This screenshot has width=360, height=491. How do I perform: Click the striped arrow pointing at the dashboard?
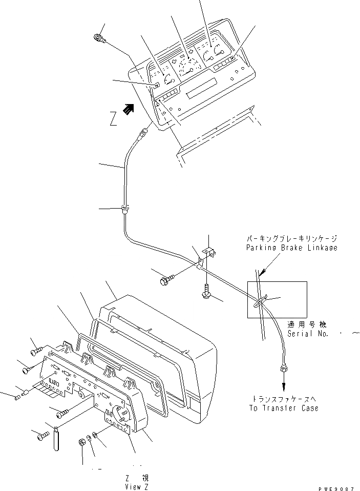point(128,108)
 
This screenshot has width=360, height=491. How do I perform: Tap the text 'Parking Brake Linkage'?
point(290,248)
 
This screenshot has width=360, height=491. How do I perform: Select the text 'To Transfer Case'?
point(284,408)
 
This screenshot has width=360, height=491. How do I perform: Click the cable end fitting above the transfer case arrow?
point(283,367)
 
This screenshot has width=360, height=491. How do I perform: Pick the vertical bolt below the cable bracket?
point(206,293)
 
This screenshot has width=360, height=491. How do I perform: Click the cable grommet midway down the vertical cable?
point(125,209)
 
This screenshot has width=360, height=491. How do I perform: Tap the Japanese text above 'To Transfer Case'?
point(284,399)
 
